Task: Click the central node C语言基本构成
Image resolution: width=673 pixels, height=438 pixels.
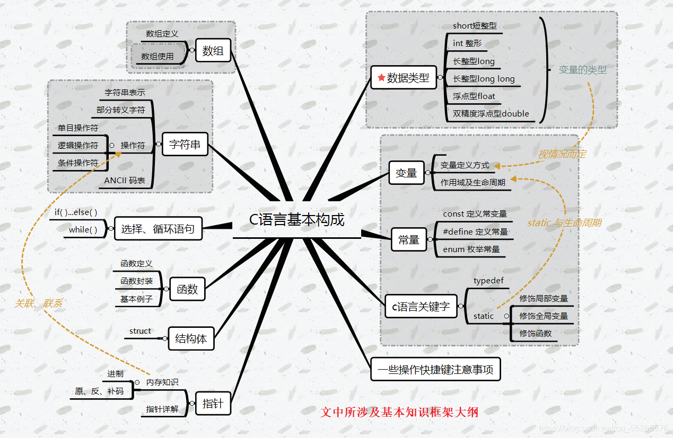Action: [297, 220]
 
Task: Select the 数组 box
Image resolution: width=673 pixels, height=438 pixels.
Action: [213, 51]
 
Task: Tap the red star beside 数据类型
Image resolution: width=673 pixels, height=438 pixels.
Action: [381, 78]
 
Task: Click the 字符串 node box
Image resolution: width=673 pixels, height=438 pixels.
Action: [185, 144]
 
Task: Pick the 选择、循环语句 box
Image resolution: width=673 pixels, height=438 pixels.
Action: [158, 229]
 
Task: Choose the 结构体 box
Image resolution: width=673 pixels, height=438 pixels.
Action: [191, 338]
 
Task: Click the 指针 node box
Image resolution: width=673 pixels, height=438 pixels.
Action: [213, 404]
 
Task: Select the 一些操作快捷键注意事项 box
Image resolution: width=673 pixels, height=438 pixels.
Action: [435, 370]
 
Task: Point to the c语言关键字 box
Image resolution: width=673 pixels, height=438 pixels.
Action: [421, 307]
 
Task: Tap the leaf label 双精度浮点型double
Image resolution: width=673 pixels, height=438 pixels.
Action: [491, 113]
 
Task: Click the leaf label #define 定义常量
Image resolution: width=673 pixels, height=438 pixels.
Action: [475, 231]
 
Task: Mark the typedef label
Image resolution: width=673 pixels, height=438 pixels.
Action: [488, 281]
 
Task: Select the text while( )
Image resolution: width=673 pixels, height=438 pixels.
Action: [83, 230]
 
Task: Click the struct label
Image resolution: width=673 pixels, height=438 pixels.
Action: [140, 331]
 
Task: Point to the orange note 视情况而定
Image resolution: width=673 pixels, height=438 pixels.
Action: [562, 154]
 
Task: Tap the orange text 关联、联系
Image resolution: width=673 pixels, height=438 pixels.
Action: [38, 303]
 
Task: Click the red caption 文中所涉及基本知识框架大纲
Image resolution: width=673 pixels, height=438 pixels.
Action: [399, 412]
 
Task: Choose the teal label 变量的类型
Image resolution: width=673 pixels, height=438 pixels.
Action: [582, 70]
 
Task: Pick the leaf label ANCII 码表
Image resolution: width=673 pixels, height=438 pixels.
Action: [125, 181]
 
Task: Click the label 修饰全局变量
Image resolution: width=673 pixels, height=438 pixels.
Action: [544, 316]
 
